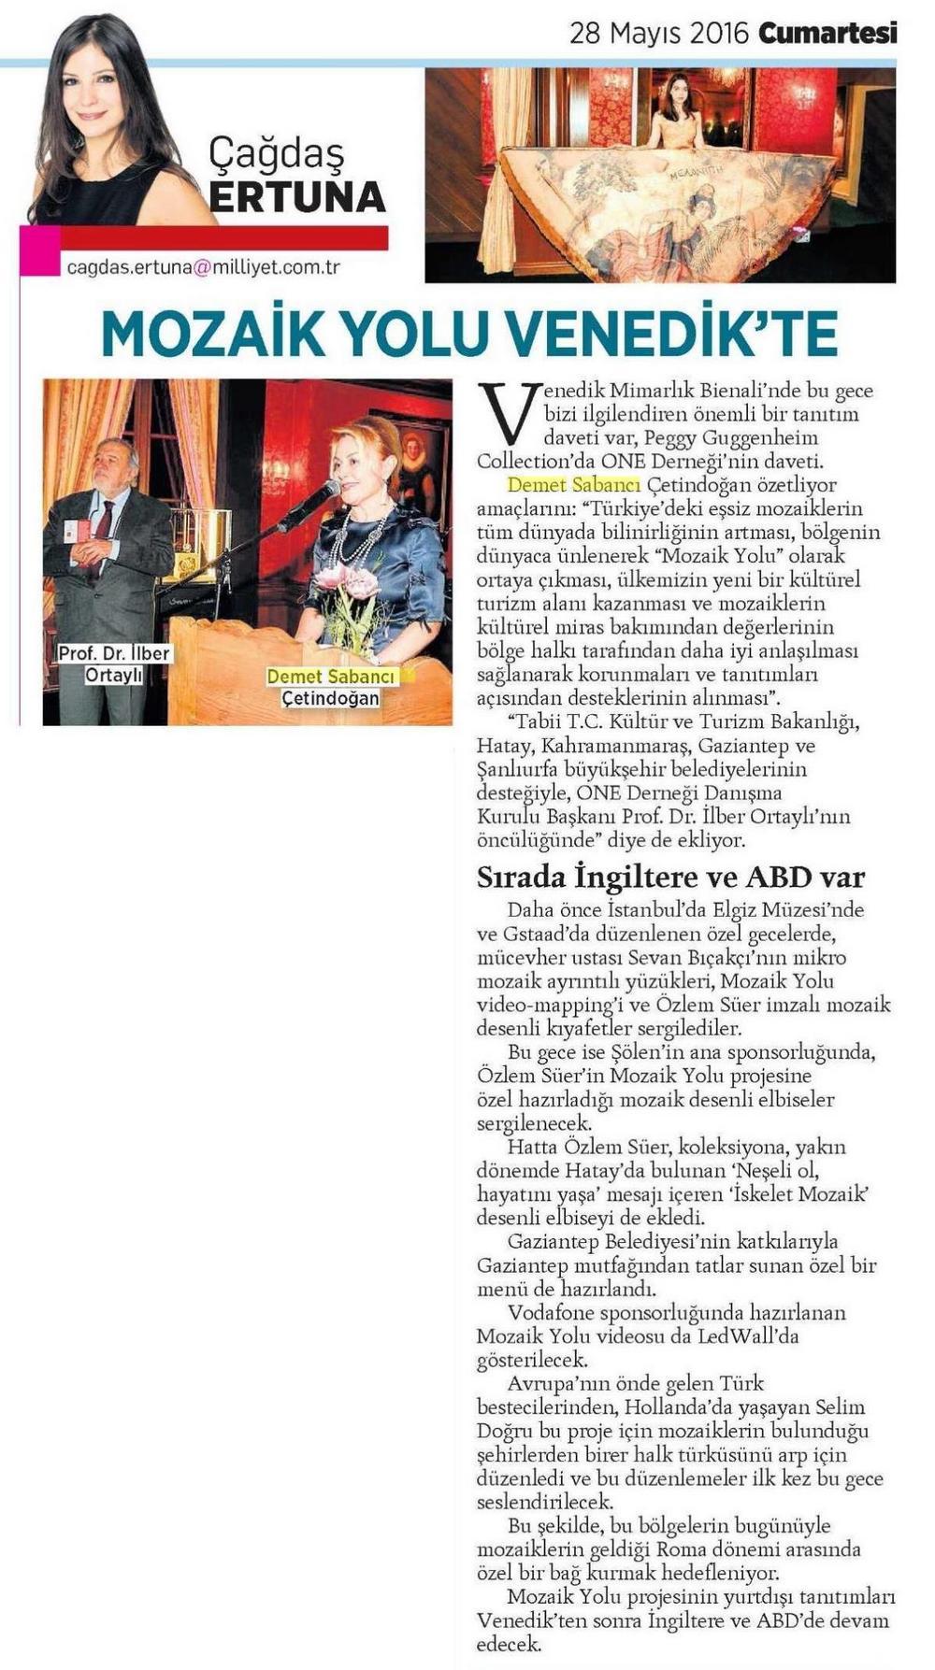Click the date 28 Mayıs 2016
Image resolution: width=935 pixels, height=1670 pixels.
(659, 34)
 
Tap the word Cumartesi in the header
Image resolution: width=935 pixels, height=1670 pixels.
(827, 34)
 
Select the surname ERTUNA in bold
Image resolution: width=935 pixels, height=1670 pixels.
(297, 197)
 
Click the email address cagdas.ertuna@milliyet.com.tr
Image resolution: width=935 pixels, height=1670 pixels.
(203, 267)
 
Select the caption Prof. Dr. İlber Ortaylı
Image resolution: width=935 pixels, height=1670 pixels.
(113, 663)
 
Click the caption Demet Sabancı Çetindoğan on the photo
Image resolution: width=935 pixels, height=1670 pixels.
(330, 687)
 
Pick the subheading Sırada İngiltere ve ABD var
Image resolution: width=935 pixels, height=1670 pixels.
(670, 877)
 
